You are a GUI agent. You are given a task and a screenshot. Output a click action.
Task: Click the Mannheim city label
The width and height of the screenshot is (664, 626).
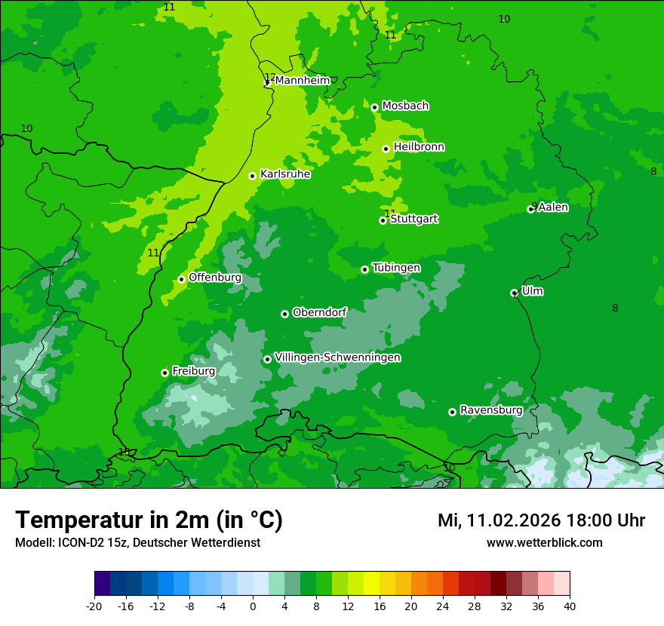click(302, 81)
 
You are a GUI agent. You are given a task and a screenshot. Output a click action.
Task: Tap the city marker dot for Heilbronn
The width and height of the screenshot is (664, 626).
click(386, 149)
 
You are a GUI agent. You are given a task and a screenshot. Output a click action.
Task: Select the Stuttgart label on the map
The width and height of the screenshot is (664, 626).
click(413, 219)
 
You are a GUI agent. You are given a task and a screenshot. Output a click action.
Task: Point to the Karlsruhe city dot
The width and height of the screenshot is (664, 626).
click(253, 176)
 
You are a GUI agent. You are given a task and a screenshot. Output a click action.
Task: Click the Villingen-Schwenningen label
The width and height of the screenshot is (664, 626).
click(337, 357)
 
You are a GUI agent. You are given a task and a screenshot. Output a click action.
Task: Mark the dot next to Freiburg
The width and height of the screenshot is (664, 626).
click(164, 373)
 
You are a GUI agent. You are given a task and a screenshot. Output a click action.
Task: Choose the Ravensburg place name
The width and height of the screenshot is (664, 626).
click(490, 410)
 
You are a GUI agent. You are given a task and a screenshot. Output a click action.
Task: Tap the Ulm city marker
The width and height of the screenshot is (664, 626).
click(514, 293)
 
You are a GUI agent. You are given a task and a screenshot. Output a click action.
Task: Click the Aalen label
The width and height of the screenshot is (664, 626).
click(553, 207)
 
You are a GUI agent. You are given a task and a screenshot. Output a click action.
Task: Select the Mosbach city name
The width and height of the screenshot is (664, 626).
click(405, 106)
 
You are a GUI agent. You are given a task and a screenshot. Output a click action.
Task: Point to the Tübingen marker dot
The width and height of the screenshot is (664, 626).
click(364, 269)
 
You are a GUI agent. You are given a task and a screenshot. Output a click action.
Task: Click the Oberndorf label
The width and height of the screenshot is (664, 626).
click(320, 313)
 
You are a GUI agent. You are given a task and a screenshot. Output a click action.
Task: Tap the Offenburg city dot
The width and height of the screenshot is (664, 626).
click(181, 279)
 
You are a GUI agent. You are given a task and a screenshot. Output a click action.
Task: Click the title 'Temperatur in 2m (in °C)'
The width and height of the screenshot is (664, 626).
click(149, 520)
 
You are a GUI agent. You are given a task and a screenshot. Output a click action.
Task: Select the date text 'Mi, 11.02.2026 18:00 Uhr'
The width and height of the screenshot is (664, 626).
click(540, 520)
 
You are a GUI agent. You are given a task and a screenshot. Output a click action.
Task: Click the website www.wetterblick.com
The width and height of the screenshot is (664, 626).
click(544, 542)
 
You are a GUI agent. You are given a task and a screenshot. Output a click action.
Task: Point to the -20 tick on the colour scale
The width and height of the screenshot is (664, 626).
click(94, 606)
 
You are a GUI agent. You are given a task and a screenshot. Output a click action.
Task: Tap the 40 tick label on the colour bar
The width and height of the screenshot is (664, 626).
click(570, 606)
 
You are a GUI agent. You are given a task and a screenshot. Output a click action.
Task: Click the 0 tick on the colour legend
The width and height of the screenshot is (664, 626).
click(253, 606)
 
